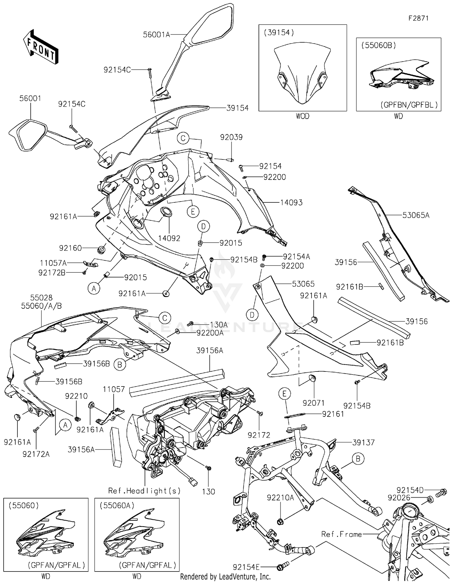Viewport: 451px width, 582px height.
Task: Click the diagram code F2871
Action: pyautogui.click(x=418, y=18)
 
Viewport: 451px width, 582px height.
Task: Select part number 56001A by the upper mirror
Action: pyautogui.click(x=156, y=35)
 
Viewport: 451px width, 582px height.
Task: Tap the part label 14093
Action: pyautogui.click(x=291, y=203)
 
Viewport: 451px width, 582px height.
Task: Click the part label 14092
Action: pyautogui.click(x=169, y=238)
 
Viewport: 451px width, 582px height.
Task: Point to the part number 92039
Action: pyautogui.click(x=231, y=137)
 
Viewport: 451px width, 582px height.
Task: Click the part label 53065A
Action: pyautogui.click(x=416, y=215)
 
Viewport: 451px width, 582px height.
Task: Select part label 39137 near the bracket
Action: pyautogui.click(x=364, y=442)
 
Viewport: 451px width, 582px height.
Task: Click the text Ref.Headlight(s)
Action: pyautogui.click(x=144, y=491)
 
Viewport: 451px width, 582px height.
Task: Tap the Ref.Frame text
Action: pyautogui.click(x=342, y=534)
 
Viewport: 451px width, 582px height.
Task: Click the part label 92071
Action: pyautogui.click(x=314, y=403)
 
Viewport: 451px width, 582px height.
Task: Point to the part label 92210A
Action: pyautogui.click(x=280, y=498)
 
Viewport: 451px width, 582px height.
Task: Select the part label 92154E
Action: pyautogui.click(x=246, y=567)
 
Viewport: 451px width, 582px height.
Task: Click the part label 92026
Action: pyautogui.click(x=399, y=498)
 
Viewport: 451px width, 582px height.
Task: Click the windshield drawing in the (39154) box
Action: pyautogui.click(x=302, y=74)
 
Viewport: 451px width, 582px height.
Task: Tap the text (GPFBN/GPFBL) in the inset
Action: pyautogui.click(x=409, y=105)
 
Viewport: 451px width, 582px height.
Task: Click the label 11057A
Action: pyautogui.click(x=53, y=263)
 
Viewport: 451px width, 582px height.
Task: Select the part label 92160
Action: pyautogui.click(x=70, y=248)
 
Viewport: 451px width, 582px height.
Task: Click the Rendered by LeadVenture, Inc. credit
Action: pyautogui.click(x=225, y=577)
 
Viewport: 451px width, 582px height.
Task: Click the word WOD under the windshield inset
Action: pyautogui.click(x=302, y=116)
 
